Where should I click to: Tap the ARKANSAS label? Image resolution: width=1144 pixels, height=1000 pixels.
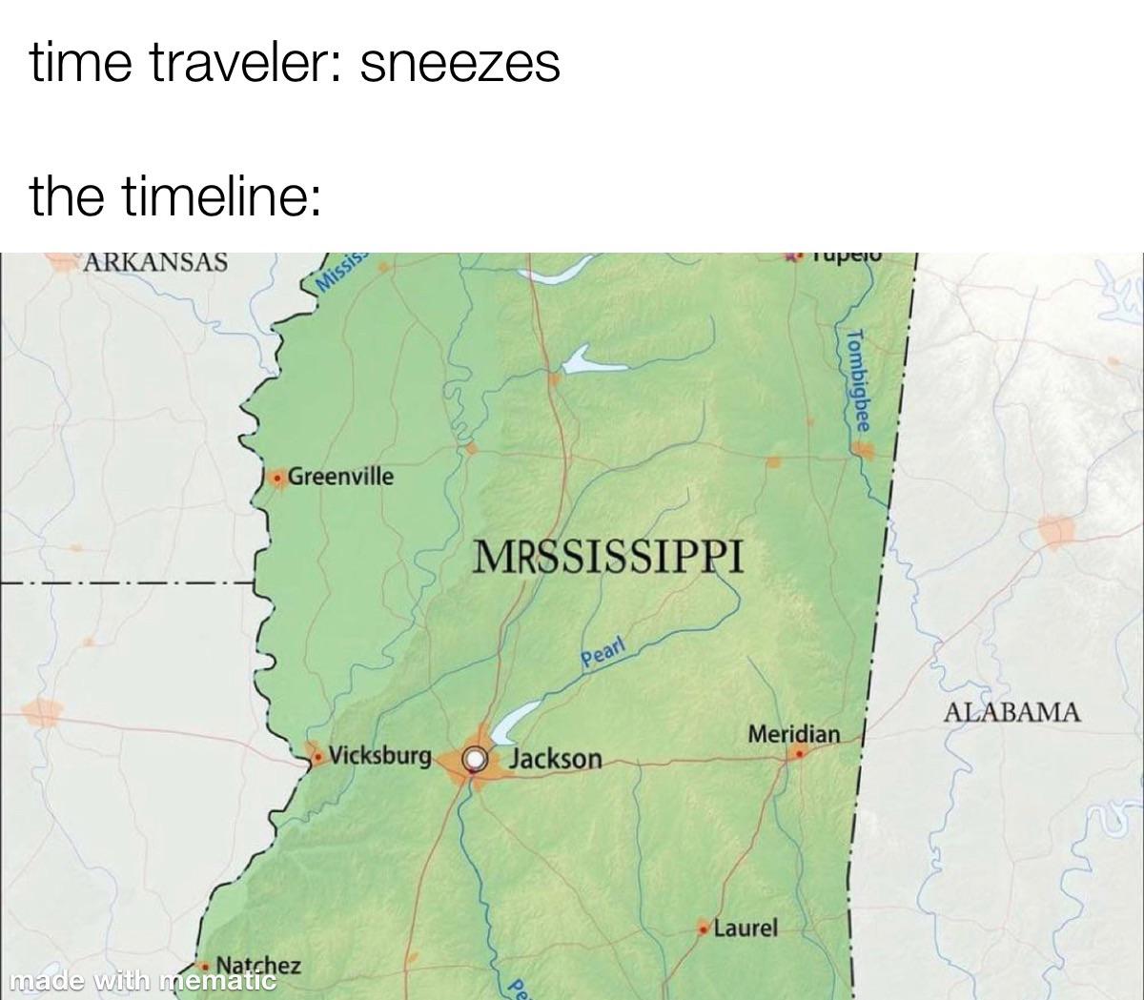point(155,262)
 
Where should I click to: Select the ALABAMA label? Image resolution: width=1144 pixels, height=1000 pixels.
point(1012,711)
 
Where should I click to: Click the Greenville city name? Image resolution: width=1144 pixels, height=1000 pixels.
point(339,476)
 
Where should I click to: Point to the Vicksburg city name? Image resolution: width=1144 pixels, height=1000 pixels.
point(380,756)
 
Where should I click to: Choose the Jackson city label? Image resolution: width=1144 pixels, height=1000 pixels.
point(557,759)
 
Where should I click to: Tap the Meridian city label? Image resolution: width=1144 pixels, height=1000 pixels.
point(794,734)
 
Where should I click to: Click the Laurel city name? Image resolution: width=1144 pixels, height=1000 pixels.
point(746,927)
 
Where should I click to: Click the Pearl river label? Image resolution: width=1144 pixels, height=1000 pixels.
point(603,655)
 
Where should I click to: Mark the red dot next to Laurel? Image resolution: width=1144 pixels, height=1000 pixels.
point(705,928)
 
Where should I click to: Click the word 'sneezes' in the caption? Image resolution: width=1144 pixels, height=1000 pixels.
point(460,64)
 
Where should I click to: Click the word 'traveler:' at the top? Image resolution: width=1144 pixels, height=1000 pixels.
point(250,64)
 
